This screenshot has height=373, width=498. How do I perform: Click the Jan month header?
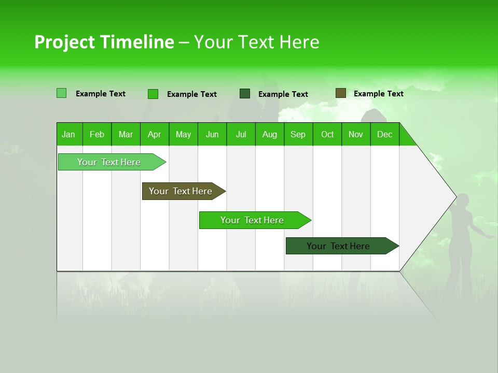pos(68,134)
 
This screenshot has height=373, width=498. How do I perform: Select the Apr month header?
pos(154,134)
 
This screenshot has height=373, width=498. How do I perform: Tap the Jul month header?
pos(241,134)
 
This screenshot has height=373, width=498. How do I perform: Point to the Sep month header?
pos(298,134)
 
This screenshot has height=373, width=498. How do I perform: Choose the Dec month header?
pos(384,134)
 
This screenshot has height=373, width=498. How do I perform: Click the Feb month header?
pos(97,134)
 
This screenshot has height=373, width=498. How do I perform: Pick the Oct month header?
pos(327,134)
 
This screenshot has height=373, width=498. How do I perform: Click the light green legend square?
pos(61,93)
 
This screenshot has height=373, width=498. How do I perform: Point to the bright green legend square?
pos(153,94)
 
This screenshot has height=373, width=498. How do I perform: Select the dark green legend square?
pos(245,94)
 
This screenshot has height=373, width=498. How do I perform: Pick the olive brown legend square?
pos(340,93)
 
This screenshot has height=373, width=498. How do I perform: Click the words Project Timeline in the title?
pos(104,42)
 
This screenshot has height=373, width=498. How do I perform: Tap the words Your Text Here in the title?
pos(256,42)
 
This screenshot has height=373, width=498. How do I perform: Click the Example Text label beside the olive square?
pos(378,94)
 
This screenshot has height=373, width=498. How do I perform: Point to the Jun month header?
pos(212,134)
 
